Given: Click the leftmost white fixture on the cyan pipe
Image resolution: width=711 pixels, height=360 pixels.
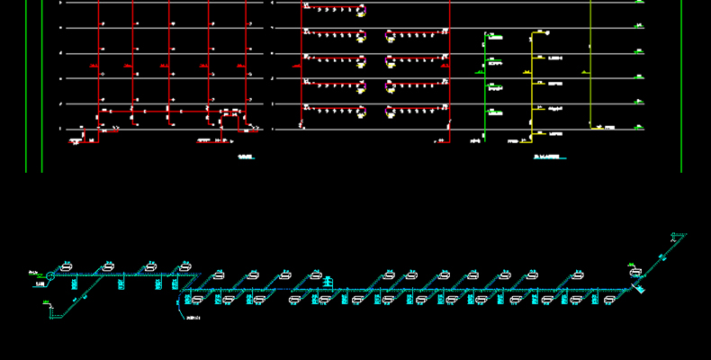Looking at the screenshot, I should pyautogui.click(x=67, y=267).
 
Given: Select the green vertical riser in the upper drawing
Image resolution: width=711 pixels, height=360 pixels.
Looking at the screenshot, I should pyautogui.click(x=485, y=85).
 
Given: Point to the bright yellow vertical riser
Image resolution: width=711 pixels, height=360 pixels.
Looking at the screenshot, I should pyautogui.click(x=531, y=85).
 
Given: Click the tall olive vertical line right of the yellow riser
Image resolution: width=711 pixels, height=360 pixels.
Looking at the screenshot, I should pyautogui.click(x=590, y=63).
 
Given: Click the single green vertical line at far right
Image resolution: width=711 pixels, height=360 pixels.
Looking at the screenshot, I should pyautogui.click(x=681, y=85).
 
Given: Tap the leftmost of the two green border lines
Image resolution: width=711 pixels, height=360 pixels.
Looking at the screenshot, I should pyautogui.click(x=26, y=85).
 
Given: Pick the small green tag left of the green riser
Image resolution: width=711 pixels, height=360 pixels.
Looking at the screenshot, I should pyautogui.click(x=474, y=140).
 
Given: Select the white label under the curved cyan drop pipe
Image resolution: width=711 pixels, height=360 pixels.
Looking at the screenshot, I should pyautogui.click(x=192, y=318).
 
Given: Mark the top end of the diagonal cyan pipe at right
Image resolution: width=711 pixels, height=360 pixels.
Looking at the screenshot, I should pyautogui.click(x=683, y=236).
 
